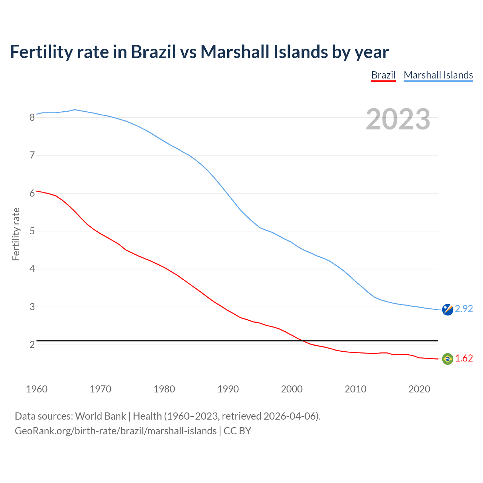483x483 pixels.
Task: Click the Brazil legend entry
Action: tap(383, 75)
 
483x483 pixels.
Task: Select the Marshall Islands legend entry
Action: tap(438, 75)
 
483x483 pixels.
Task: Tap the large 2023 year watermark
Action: tap(398, 119)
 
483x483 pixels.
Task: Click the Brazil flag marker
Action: tap(448, 358)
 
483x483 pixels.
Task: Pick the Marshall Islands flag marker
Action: tap(448, 309)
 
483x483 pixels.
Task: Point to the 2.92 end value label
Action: tap(464, 309)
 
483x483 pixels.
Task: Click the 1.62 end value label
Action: tap(464, 358)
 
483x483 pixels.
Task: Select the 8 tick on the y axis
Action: tap(32, 117)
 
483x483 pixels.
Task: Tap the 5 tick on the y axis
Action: tap(32, 231)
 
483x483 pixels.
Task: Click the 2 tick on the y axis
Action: tap(32, 345)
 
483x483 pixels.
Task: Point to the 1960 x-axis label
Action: tap(37, 389)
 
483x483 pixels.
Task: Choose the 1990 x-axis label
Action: tap(228, 389)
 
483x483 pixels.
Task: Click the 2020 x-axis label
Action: tap(419, 389)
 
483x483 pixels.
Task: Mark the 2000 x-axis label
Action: tap(292, 389)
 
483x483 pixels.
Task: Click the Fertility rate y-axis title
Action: tap(16, 234)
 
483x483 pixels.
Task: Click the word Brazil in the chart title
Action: tap(153, 52)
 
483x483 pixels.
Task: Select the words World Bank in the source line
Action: tap(100, 416)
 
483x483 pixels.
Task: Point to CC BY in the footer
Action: tap(237, 431)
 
